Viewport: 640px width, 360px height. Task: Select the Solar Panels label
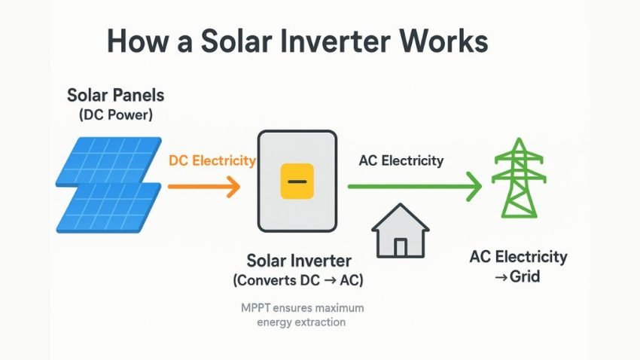(115, 96)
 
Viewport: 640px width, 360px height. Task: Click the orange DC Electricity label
(212, 160)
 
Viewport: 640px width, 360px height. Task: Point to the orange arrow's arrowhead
(234, 185)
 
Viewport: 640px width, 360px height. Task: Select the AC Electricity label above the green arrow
(401, 160)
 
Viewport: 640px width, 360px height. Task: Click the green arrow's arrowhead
(474, 186)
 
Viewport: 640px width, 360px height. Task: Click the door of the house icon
(401, 246)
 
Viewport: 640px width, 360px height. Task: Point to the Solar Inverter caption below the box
(299, 261)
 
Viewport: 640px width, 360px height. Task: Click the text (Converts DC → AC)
(299, 281)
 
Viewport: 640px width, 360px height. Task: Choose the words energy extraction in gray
(300, 322)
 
